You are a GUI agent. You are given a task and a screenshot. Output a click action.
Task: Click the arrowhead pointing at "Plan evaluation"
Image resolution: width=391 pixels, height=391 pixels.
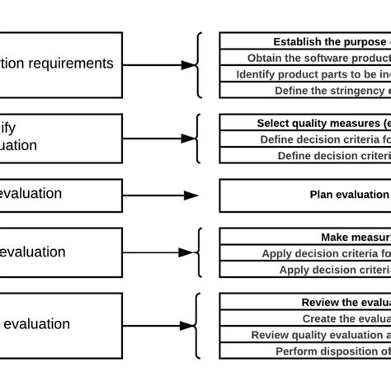tap(191, 195)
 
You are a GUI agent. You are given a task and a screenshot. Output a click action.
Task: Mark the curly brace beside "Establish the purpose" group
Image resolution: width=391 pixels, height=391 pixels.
tap(197, 64)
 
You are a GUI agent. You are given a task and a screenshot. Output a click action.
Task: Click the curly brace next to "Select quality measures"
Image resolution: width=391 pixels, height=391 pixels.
tap(197, 138)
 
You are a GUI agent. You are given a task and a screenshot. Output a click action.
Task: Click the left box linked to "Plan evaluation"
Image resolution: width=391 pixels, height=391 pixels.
tap(58, 195)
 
